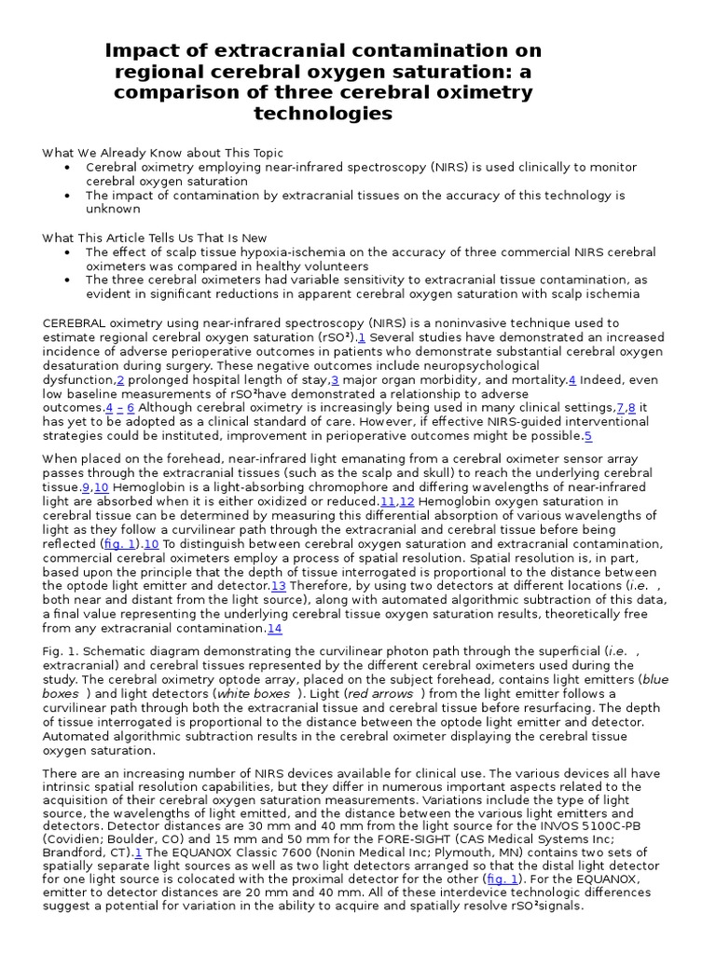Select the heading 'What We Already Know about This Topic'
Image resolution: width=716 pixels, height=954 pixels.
pos(163,153)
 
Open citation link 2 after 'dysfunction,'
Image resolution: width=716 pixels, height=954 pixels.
pos(120,380)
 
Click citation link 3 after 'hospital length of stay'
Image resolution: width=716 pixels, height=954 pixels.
pos(335,380)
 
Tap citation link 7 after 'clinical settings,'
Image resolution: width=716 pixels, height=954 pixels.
pos(620,408)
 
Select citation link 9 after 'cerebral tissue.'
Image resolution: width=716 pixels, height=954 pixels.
pos(86,487)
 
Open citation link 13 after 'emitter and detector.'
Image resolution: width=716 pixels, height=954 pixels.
pos(278,585)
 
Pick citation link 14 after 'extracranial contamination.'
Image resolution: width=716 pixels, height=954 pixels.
pos(275,628)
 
